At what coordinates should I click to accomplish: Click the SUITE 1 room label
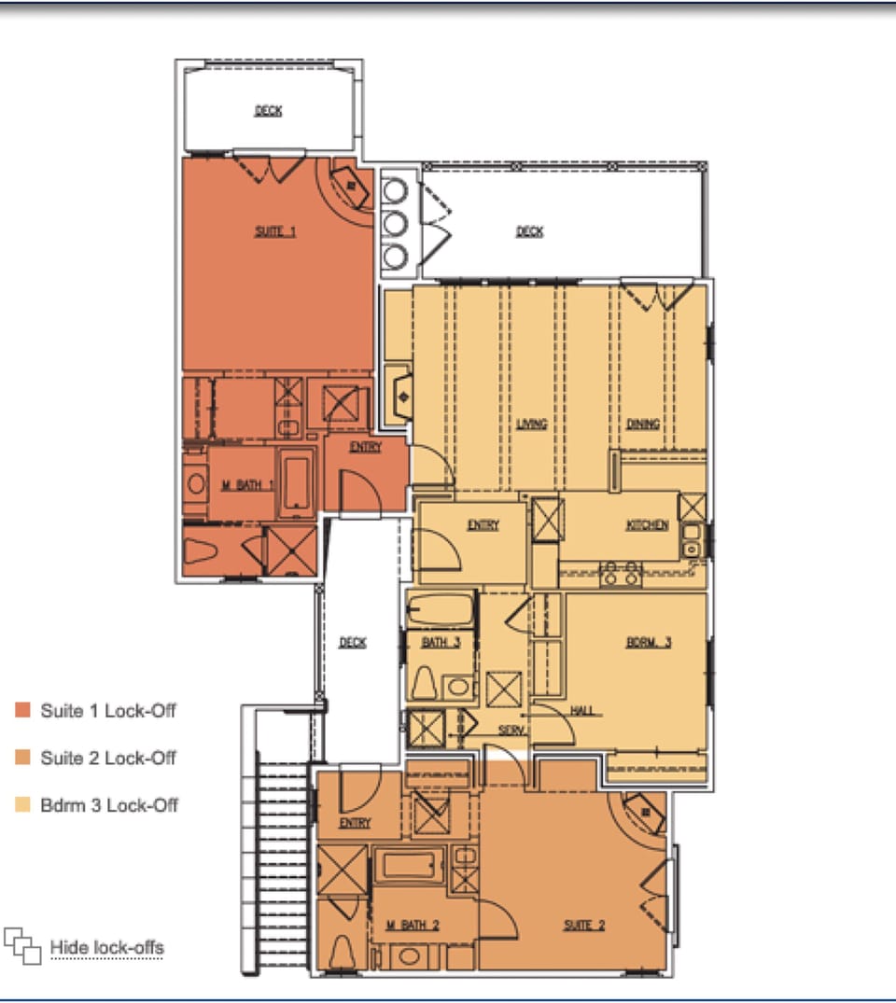275,231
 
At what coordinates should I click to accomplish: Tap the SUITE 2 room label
584,925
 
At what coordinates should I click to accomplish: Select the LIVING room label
531,425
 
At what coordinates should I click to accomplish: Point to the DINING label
642,425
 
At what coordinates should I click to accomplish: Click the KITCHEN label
647,525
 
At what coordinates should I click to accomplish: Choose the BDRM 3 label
649,642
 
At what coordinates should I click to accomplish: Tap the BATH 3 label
441,642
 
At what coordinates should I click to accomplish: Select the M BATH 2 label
413,925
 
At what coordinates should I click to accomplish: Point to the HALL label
582,711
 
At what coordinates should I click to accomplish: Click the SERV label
511,731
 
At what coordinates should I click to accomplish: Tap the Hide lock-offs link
106,948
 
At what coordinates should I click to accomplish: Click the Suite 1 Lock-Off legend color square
23,711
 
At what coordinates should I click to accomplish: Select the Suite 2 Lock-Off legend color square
23,759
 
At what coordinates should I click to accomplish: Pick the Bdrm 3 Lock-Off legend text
108,805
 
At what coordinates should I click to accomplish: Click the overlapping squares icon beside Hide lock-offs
23,945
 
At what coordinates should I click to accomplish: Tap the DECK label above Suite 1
269,111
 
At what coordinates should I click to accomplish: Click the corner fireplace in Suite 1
351,186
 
